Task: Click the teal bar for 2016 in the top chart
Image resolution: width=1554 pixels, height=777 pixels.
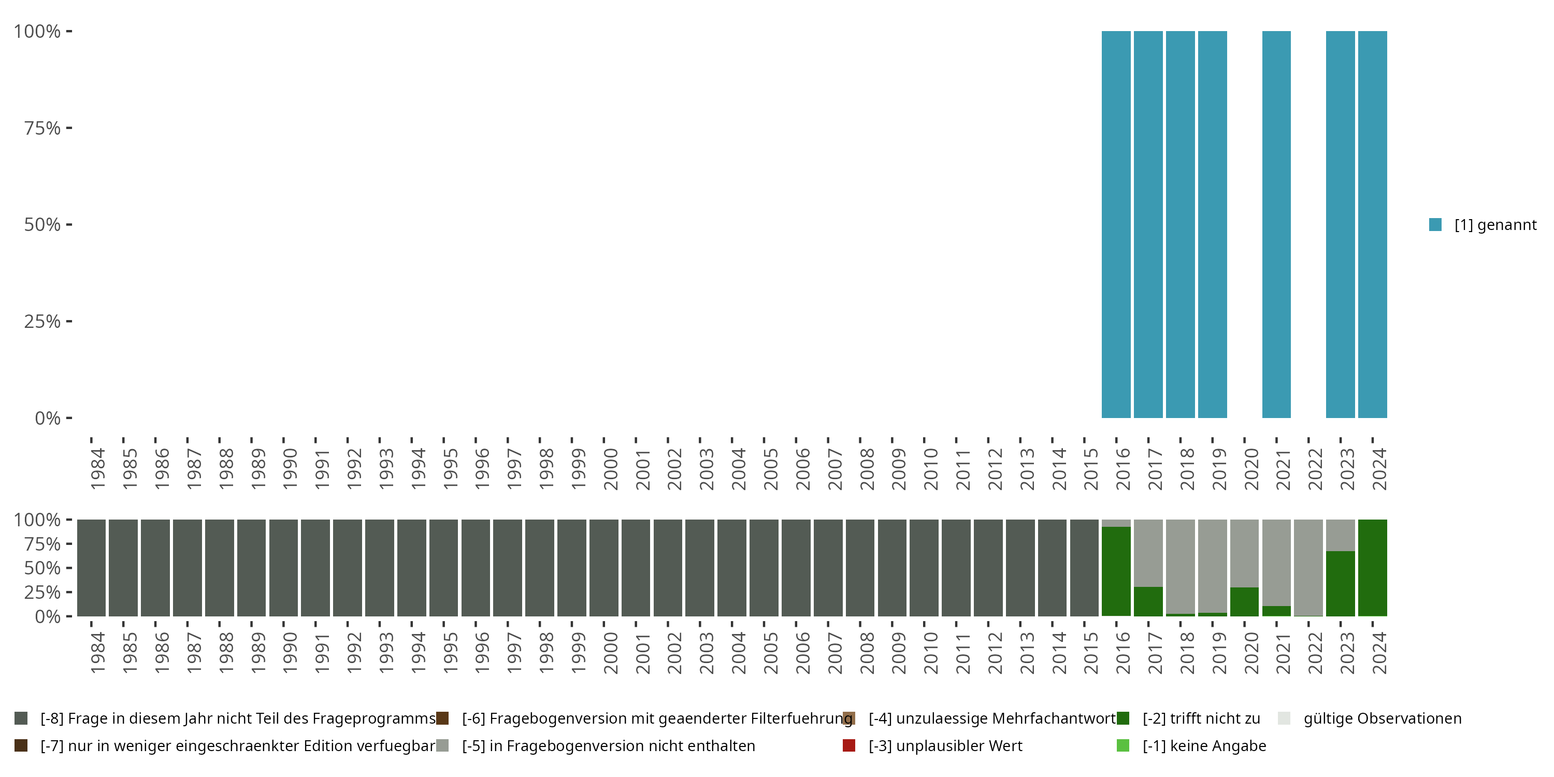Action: point(1116,224)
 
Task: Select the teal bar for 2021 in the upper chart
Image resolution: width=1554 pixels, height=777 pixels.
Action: point(1276,224)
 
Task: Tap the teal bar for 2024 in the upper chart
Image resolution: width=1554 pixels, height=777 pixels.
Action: point(1372,224)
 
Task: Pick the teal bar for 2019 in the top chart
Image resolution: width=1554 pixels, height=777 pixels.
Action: point(1213,224)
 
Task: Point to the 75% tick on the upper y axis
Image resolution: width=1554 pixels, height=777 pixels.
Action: point(42,128)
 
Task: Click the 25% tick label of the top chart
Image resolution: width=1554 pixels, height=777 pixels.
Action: point(42,322)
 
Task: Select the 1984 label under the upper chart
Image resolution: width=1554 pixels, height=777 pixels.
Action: point(98,469)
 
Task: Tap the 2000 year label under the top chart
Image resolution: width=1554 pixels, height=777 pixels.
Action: point(611,469)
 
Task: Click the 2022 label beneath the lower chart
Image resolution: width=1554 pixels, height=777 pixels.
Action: point(1315,653)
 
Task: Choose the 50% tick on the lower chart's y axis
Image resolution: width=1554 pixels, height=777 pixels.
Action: point(42,568)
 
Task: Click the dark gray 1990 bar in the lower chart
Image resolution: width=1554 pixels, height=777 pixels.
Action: point(283,568)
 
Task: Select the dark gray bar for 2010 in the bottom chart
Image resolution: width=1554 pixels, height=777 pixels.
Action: point(924,568)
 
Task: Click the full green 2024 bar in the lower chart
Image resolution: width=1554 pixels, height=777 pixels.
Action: point(1372,568)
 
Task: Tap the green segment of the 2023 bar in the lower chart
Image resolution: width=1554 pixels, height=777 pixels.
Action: point(1341,583)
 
